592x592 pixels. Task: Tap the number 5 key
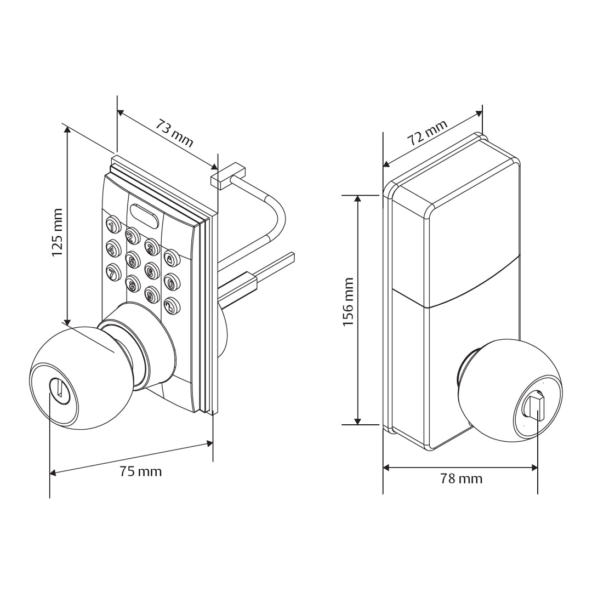tap(132, 260)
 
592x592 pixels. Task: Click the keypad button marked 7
tap(113, 272)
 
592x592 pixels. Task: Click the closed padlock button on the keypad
tap(171, 258)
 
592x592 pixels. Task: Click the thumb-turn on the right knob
tap(534, 408)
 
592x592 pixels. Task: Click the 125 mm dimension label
tap(57, 232)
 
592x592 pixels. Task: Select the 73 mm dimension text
tap(175, 133)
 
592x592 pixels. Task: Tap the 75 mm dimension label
tap(141, 471)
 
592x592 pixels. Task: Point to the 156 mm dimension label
tap(348, 301)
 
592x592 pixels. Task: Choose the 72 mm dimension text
tap(428, 132)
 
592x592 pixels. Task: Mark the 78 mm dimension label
tap(462, 479)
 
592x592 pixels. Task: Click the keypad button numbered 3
tap(152, 247)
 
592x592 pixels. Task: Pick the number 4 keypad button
tap(112, 249)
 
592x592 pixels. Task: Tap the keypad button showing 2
tap(132, 236)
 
